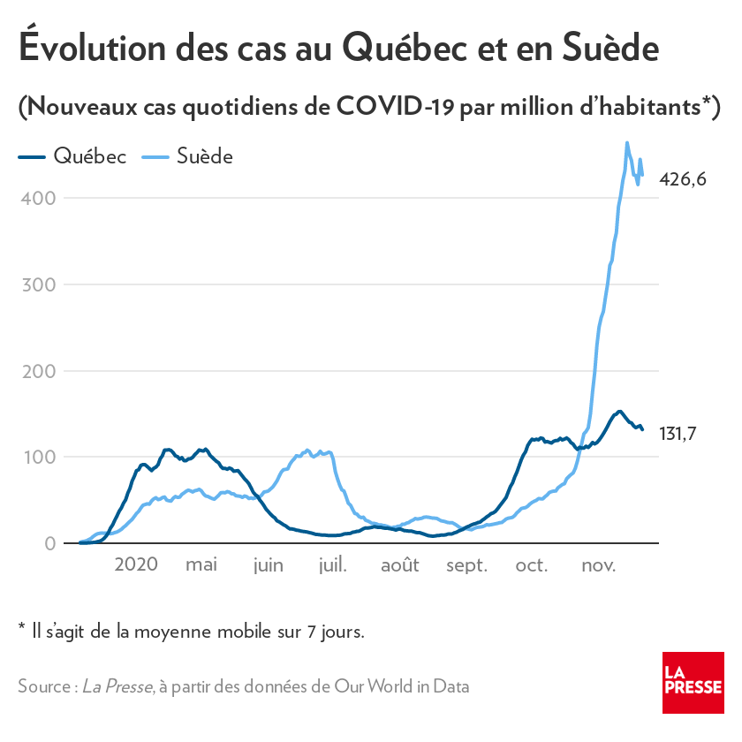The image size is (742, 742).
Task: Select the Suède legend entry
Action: [x=190, y=157]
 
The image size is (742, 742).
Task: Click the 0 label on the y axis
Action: [x=50, y=543]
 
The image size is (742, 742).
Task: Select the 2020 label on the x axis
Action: [x=136, y=564]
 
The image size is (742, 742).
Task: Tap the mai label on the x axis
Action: [x=201, y=564]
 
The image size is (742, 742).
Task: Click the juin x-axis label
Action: [x=268, y=564]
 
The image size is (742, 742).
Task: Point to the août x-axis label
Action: [x=399, y=564]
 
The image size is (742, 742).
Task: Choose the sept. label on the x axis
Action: [x=466, y=564]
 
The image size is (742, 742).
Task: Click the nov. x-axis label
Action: [x=598, y=564]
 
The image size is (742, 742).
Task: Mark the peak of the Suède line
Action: [x=626, y=142]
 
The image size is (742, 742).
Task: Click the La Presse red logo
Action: [x=693, y=683]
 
